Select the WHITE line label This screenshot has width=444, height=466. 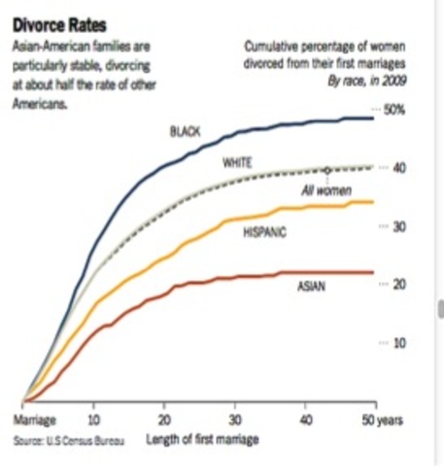pyautogui.click(x=238, y=162)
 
